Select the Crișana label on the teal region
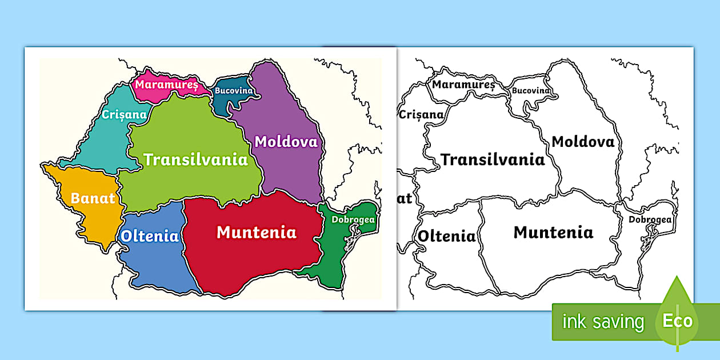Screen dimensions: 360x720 click(x=124, y=114)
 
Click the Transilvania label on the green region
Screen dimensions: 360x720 click(x=196, y=159)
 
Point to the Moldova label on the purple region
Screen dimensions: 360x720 click(x=286, y=142)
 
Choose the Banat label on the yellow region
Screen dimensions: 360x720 click(x=93, y=199)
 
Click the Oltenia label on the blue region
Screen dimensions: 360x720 click(x=150, y=236)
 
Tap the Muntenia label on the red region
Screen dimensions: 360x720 click(x=257, y=233)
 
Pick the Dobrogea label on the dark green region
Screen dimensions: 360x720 click(x=354, y=219)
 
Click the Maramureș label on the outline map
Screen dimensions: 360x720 click(x=463, y=85)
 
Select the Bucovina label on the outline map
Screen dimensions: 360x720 click(x=531, y=90)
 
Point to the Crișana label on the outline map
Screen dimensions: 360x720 click(x=422, y=114)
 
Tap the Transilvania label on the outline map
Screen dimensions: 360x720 click(x=493, y=159)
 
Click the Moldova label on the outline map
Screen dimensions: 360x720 click(x=583, y=142)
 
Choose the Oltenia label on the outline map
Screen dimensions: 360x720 click(x=447, y=236)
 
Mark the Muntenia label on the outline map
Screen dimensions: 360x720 click(x=553, y=233)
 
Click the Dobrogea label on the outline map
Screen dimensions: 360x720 click(x=650, y=219)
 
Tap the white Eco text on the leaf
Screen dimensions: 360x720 click(x=678, y=321)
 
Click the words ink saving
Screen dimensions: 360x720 click(x=603, y=322)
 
